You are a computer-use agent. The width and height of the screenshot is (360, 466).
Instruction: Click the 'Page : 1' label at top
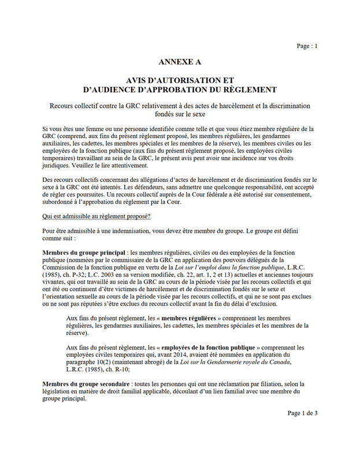point(307,46)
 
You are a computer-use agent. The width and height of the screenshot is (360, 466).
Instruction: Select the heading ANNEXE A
point(180,62)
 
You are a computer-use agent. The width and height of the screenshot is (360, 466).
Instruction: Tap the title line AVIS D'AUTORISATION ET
point(180,80)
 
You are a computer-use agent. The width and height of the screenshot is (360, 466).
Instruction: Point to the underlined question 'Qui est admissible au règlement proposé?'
point(97,216)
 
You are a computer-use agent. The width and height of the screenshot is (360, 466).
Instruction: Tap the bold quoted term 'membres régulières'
point(190,318)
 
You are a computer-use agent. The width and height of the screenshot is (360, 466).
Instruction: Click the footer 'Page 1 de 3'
point(302,413)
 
